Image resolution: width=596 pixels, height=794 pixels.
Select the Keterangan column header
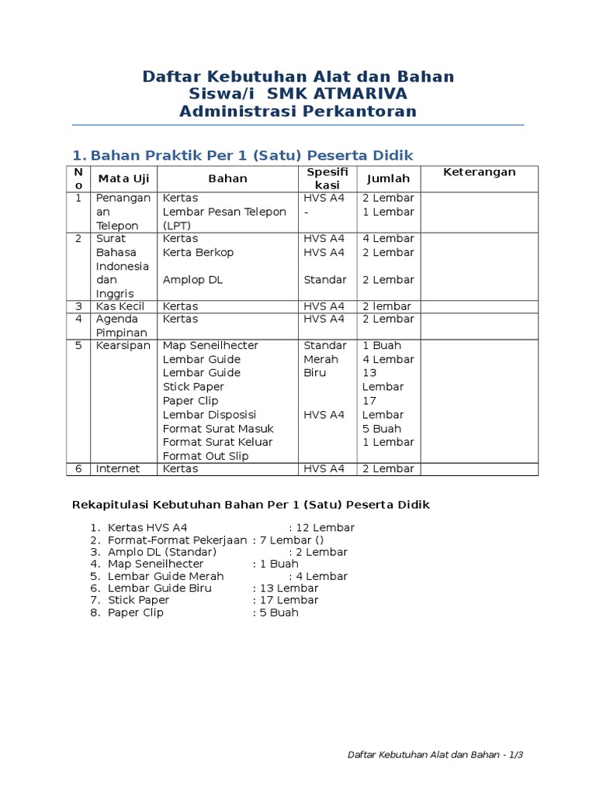click(x=479, y=172)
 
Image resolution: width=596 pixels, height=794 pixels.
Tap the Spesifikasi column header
click(x=327, y=178)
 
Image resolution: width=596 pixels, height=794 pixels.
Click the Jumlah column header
click(x=388, y=178)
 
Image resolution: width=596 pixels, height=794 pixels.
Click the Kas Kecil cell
click(x=120, y=306)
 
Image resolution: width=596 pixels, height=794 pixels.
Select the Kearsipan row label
click(x=123, y=345)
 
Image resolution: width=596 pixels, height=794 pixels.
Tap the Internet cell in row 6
click(x=118, y=468)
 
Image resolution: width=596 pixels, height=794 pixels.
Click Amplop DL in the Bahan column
click(x=192, y=279)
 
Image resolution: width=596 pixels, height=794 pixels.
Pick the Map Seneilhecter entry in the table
click(x=210, y=345)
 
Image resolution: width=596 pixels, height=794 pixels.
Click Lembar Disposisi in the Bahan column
click(x=210, y=415)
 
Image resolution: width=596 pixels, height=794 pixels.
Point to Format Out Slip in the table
click(x=206, y=456)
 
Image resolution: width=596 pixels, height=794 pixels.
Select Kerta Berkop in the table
click(x=198, y=252)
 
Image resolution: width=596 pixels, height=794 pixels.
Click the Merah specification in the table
click(x=321, y=359)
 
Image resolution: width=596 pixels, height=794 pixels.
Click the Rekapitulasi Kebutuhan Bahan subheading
click(x=250, y=505)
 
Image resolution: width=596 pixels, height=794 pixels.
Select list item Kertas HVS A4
click(x=147, y=528)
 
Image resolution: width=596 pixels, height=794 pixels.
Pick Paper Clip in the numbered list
click(x=136, y=613)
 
